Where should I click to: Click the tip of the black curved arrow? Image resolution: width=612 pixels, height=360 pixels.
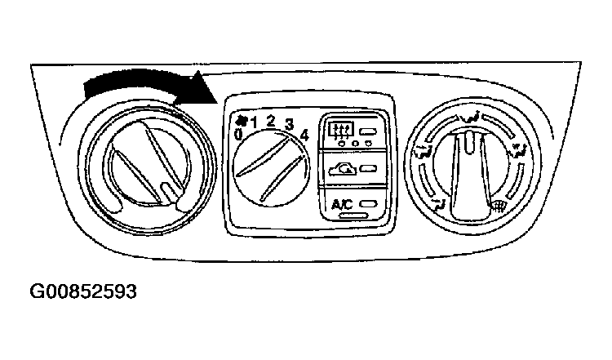click(x=216, y=103)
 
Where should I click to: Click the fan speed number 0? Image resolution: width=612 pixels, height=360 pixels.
click(x=237, y=135)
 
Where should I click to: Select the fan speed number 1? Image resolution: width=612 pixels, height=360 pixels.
click(x=254, y=123)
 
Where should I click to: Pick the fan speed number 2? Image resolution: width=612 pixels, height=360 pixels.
click(x=270, y=121)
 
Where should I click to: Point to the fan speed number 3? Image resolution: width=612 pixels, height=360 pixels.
click(x=289, y=125)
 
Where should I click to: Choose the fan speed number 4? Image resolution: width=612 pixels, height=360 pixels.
click(x=304, y=135)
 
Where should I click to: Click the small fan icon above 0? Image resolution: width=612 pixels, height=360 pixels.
click(x=241, y=121)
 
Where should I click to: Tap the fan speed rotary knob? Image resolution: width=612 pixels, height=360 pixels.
click(x=271, y=168)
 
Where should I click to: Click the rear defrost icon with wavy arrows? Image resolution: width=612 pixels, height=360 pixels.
click(x=341, y=131)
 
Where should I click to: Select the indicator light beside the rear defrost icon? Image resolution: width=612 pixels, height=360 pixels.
click(x=368, y=132)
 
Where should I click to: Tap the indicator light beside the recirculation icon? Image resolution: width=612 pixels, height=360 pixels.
click(x=368, y=169)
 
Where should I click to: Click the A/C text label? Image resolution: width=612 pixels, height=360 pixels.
click(x=342, y=204)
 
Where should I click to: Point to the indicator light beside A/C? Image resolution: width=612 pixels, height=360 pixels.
click(x=369, y=204)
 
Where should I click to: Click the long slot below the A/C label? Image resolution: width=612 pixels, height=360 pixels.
click(x=353, y=216)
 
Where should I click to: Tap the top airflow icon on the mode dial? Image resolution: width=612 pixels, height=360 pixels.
click(x=470, y=117)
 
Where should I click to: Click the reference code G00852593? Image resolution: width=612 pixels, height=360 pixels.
click(x=83, y=291)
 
